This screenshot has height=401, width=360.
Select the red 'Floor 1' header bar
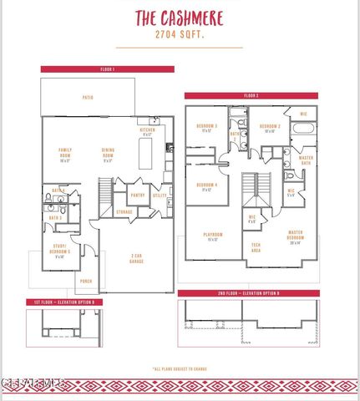[107, 69]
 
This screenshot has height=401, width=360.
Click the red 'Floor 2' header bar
[251, 96]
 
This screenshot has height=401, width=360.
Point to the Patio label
[88, 99]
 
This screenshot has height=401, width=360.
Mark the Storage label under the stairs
[124, 212]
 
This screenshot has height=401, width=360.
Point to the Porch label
[85, 282]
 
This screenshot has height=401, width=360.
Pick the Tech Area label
[256, 247]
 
